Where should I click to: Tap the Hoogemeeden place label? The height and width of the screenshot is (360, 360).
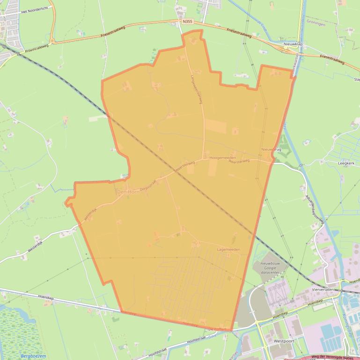click(x=222, y=158)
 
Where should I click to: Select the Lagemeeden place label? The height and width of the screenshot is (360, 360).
click(x=228, y=250)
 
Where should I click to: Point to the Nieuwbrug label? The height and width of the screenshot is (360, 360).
click(x=270, y=150)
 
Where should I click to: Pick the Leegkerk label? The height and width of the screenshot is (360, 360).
click(x=346, y=163)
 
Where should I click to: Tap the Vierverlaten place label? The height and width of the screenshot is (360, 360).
click(x=321, y=289)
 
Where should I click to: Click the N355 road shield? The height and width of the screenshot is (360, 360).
click(x=188, y=22)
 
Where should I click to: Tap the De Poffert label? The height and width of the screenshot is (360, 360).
click(x=217, y=330)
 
